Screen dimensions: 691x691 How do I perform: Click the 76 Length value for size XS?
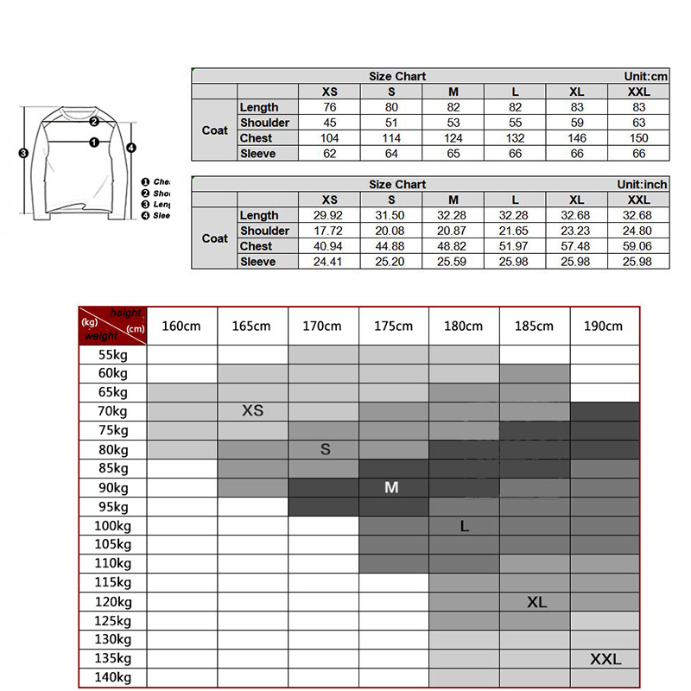click(330, 107)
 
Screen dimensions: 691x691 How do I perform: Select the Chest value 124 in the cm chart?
click(453, 138)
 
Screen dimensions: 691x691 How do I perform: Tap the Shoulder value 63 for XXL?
click(638, 123)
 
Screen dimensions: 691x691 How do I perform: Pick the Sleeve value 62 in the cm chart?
click(330, 154)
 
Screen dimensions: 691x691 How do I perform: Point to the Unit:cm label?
click(646, 76)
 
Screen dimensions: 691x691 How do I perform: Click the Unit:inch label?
click(643, 184)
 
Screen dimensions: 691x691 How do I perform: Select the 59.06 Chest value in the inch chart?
click(638, 246)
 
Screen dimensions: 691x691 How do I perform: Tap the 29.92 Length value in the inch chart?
click(330, 215)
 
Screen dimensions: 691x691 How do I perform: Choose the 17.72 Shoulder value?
click(330, 231)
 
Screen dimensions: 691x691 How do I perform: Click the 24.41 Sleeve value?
click(330, 262)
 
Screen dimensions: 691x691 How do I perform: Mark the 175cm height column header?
click(393, 326)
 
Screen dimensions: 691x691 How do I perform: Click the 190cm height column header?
click(604, 326)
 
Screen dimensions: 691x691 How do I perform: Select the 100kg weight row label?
click(112, 525)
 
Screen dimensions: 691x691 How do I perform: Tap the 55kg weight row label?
click(112, 354)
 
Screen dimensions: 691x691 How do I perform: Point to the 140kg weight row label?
click(112, 678)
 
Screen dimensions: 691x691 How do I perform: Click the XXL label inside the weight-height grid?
click(605, 659)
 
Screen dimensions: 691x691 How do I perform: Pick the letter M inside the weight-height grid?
click(392, 487)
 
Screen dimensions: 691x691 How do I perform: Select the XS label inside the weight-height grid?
click(252, 411)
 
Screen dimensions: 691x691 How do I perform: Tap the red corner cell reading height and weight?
click(112, 326)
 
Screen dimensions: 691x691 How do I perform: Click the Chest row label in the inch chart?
click(256, 246)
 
